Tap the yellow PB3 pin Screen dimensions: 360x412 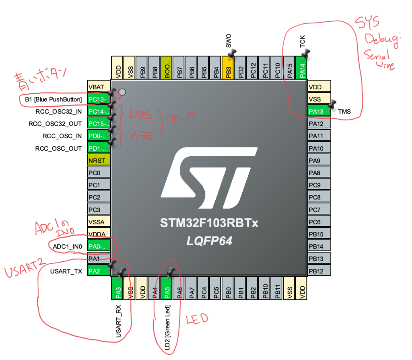(x=228, y=67)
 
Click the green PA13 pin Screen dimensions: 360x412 (x=319, y=111)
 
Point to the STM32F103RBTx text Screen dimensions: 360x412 (x=209, y=223)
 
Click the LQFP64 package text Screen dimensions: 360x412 (x=209, y=241)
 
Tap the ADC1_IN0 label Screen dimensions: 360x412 (x=67, y=246)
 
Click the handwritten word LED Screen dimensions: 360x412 (x=197, y=319)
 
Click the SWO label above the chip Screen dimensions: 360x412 (x=228, y=41)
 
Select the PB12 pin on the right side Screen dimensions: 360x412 (x=319, y=271)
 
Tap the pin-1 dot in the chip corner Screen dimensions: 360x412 (x=122, y=92)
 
